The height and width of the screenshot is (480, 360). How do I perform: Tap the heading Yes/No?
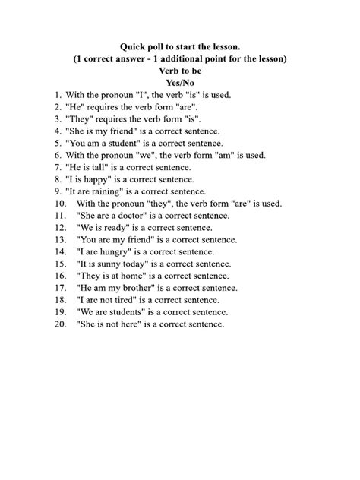pos(179,83)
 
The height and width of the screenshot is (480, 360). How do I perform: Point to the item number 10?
pos(60,204)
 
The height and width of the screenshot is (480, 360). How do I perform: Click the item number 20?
pos(60,324)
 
